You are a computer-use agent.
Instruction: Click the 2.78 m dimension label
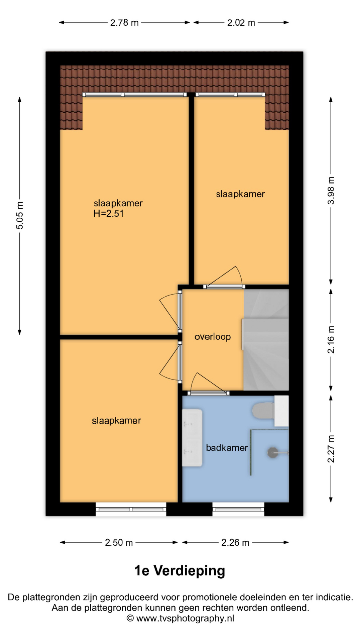(124, 23)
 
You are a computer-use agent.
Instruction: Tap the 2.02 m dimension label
(241, 23)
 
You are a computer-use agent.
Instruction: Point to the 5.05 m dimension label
(20, 216)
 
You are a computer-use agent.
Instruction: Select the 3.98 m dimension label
(331, 191)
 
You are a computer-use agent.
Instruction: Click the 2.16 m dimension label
(331, 340)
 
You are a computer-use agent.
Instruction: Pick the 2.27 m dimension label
(331, 449)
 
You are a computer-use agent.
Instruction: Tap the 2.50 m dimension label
(119, 542)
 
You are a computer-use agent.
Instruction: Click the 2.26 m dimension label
(235, 542)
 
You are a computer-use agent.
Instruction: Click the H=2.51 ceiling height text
(109, 214)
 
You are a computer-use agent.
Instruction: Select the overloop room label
(213, 337)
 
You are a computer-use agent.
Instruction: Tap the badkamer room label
(227, 448)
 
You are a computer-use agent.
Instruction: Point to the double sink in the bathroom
(192, 437)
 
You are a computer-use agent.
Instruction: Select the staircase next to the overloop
(266, 340)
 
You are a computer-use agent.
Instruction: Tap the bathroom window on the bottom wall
(238, 509)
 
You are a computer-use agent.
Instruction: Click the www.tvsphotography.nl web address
(185, 619)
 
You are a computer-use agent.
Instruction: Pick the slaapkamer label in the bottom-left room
(116, 421)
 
